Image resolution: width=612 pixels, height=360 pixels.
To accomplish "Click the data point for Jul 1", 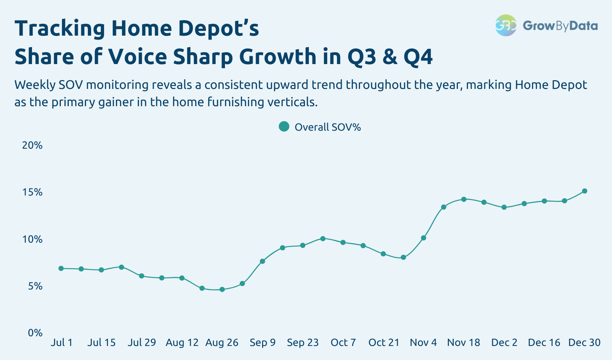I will [x=61, y=268].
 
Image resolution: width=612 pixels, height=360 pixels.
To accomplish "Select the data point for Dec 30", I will [x=585, y=191].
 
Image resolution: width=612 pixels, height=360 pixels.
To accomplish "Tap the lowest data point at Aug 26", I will [x=222, y=289].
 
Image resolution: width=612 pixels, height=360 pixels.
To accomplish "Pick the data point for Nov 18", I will [x=464, y=199].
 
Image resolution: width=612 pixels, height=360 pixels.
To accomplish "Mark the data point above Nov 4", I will [x=423, y=238].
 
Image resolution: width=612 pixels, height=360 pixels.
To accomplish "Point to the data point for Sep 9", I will [x=262, y=261].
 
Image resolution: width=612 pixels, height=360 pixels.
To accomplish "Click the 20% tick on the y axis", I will [x=32, y=145].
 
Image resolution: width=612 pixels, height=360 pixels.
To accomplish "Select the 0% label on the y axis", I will [x=35, y=333].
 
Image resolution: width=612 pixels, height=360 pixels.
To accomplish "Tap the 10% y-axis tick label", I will [x=32, y=239].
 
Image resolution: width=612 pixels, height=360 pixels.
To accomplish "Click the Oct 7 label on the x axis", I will [x=343, y=342].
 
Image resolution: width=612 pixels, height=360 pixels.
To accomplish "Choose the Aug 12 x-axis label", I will [x=182, y=342].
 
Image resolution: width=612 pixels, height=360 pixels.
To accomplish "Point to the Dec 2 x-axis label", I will [x=504, y=342].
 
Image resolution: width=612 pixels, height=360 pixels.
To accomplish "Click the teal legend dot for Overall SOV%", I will [x=284, y=127].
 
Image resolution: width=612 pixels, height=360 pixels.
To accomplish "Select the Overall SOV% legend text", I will [x=328, y=127].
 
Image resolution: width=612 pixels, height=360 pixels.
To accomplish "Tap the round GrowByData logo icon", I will [x=506, y=26].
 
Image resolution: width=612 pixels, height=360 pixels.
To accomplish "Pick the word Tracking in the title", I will [x=60, y=29].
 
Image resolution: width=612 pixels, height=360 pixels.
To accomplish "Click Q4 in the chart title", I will [x=418, y=57].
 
